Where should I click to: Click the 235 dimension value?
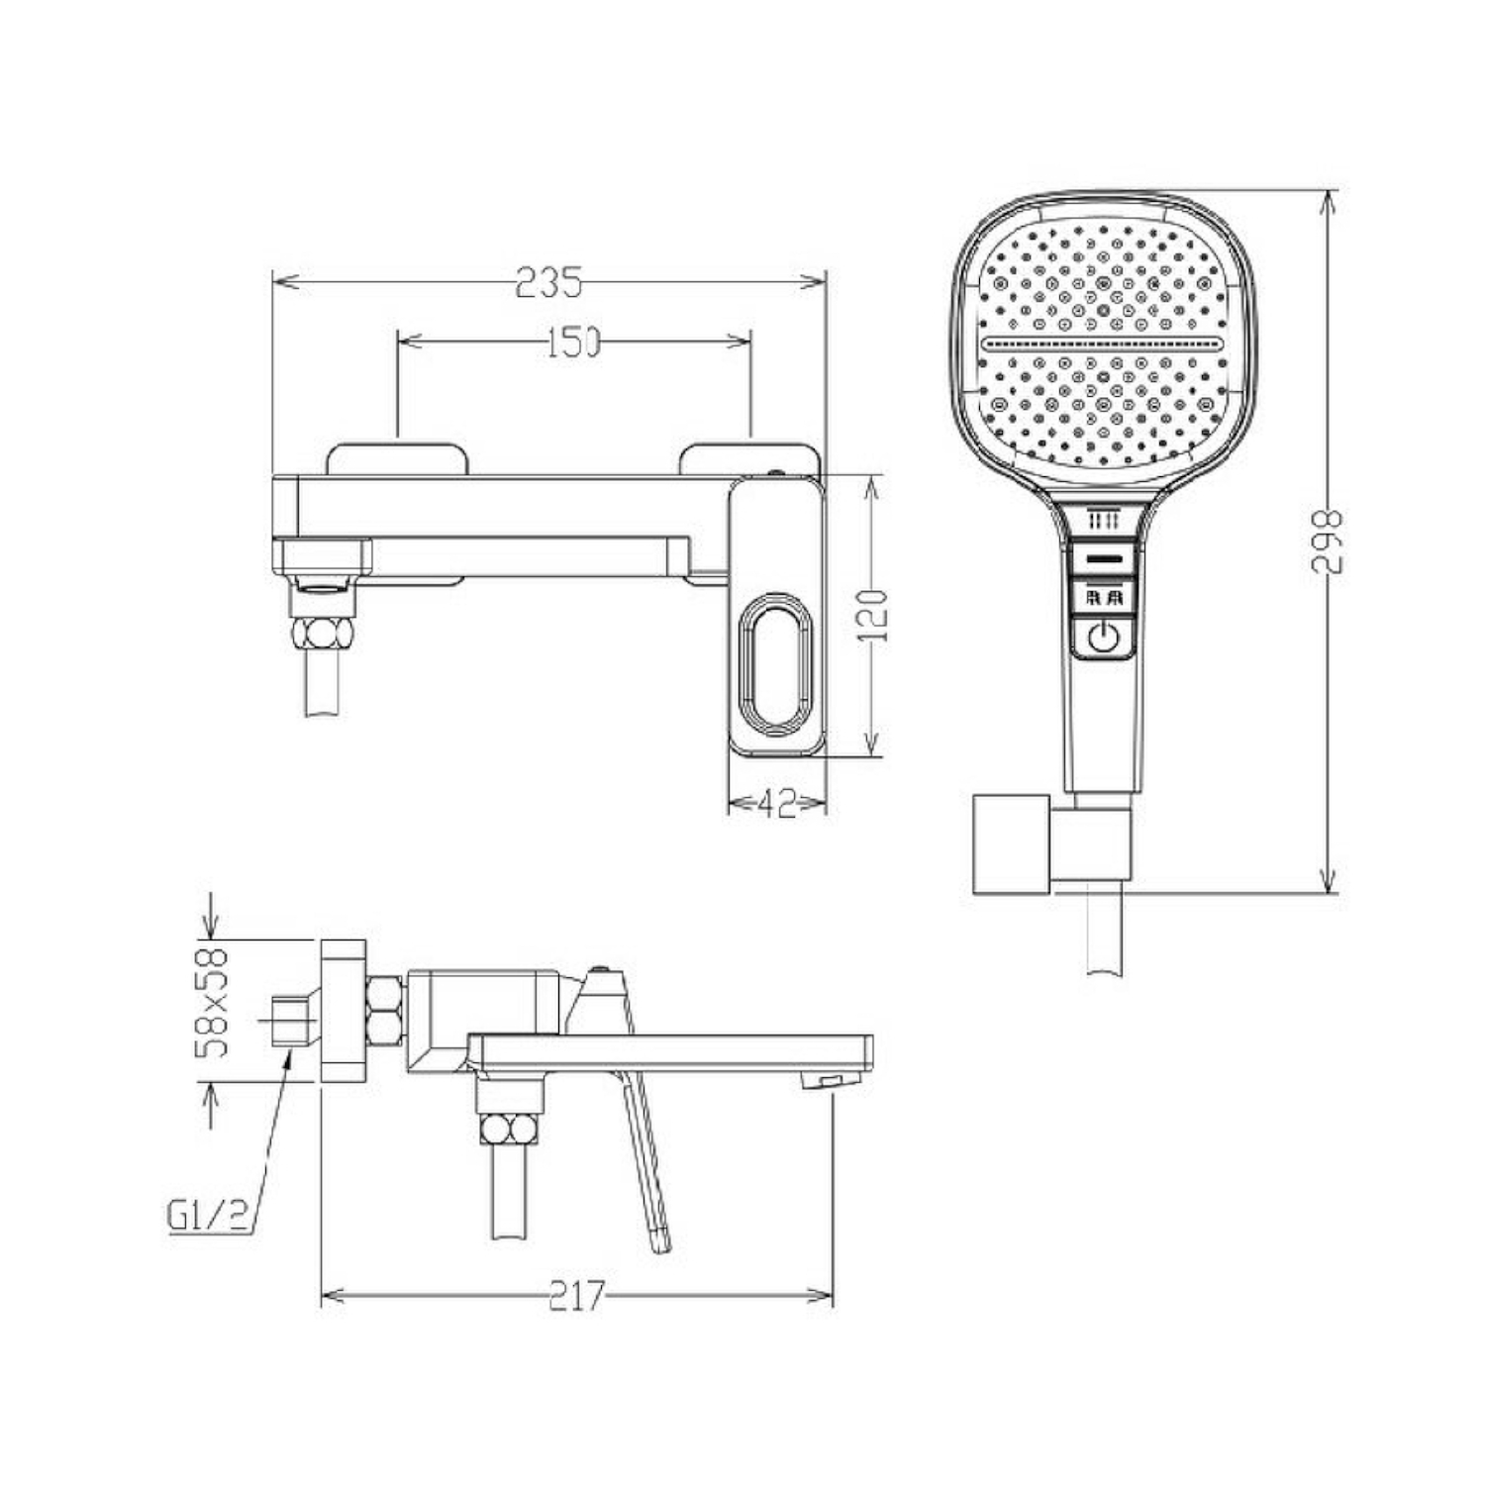coord(548,283)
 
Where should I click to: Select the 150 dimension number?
coord(574,342)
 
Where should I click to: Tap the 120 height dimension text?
coord(871,615)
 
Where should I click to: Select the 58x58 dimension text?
coord(212,1003)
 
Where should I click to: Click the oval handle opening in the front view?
coord(776,665)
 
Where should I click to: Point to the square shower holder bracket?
coord(1011,843)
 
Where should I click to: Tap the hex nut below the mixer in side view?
coord(511,1130)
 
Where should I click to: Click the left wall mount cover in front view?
coord(396,458)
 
